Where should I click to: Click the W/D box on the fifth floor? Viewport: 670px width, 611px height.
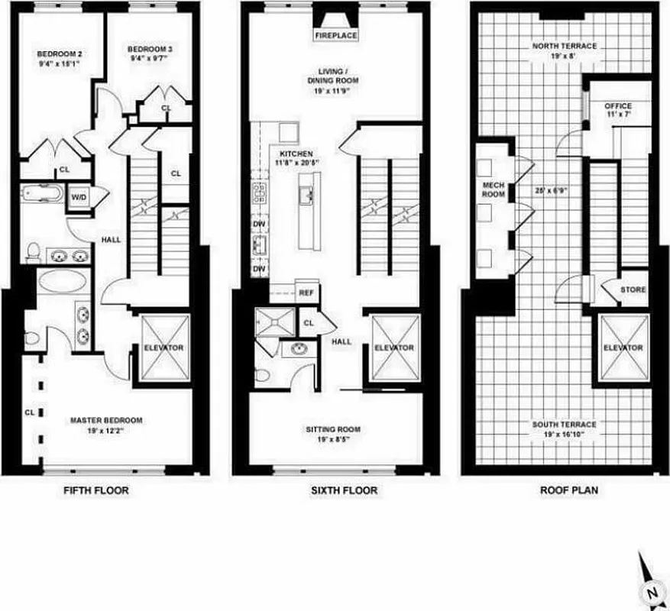click(79, 197)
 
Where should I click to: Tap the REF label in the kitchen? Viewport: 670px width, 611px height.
click(306, 292)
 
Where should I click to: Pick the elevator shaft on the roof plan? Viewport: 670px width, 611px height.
click(623, 347)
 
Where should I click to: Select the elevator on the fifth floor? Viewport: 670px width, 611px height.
click(163, 347)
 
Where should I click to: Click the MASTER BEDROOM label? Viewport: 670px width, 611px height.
click(106, 420)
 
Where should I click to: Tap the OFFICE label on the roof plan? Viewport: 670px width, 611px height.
click(618, 105)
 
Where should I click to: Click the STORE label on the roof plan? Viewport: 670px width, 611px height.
click(633, 290)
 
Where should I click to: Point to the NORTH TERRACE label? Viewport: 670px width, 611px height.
click(565, 46)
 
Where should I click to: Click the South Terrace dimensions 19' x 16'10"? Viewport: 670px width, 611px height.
click(565, 435)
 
